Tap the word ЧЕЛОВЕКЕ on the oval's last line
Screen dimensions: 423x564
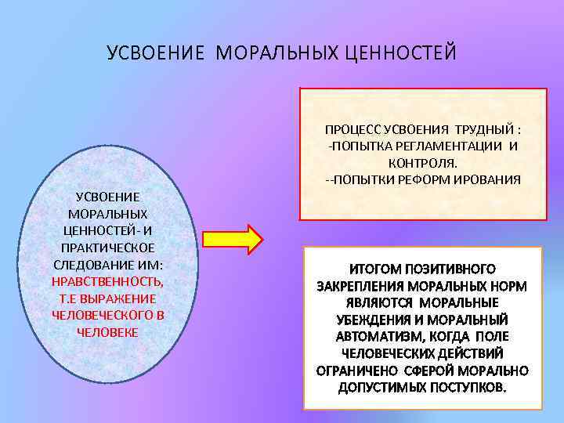108,332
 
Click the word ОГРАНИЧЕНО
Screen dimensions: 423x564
357,371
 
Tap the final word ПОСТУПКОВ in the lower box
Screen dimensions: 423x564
468,388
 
